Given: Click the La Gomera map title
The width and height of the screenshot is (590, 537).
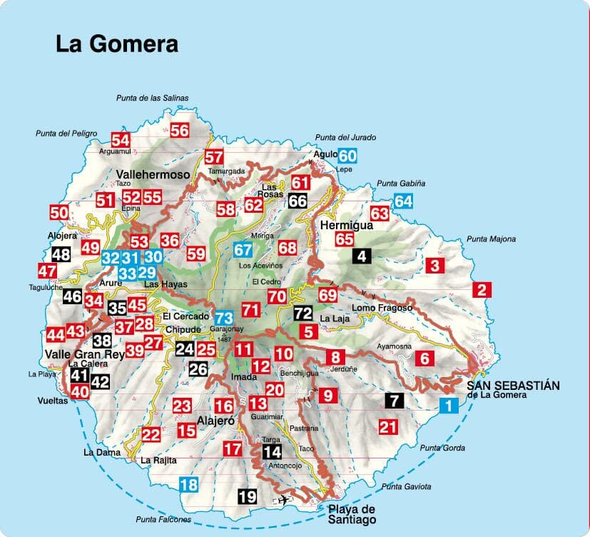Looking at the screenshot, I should click(117, 44).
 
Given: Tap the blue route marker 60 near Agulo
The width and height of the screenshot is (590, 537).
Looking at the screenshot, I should click(347, 156).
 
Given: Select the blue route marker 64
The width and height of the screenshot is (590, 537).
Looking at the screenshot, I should click(404, 201).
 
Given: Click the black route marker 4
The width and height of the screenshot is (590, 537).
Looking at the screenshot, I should click(362, 256).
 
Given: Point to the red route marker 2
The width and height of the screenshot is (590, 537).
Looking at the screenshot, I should click(482, 290).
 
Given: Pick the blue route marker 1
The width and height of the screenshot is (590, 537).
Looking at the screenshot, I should click(448, 406).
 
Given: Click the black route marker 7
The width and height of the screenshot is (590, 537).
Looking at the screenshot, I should click(393, 401).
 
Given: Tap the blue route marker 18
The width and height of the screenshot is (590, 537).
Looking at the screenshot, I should click(188, 485).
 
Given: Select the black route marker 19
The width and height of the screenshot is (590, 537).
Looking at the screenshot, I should click(247, 496).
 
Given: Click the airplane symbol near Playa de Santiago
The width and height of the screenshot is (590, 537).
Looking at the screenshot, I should click(284, 499).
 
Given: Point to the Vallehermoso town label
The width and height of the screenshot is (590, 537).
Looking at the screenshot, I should click(153, 175).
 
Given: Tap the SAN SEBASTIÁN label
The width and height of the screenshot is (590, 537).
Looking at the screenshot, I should click(513, 386).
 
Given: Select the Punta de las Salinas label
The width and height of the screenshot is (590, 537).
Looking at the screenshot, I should click(153, 98).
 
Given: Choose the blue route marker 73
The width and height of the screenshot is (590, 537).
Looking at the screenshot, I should click(224, 316).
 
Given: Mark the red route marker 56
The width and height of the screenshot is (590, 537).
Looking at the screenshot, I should click(180, 130).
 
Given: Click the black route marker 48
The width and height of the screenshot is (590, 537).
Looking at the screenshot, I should click(61, 254).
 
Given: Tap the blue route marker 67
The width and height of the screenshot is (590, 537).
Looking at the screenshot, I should click(243, 250).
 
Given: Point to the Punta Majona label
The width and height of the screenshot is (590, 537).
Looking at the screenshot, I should click(490, 239).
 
